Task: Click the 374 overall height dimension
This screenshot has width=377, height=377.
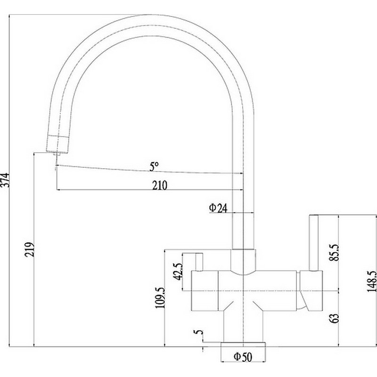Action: [5, 180]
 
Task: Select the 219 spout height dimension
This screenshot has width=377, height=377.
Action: [30, 249]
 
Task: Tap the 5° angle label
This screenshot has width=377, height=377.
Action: [154, 166]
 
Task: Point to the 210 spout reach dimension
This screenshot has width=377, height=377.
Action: [160, 185]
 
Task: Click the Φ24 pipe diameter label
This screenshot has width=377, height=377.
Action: [218, 208]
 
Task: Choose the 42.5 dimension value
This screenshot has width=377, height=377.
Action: [179, 272]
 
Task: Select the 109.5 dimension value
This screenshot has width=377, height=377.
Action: [160, 298]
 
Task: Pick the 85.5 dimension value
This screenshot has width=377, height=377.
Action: [334, 252]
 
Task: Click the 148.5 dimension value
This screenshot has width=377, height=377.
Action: [372, 281]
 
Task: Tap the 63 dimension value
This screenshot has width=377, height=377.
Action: [335, 318]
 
